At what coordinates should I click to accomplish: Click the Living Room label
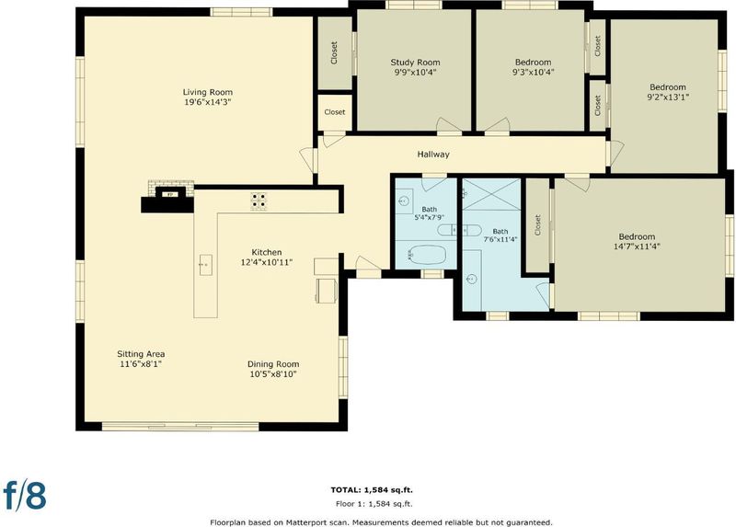click(x=208, y=92)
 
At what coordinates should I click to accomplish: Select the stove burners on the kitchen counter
click(x=258, y=200)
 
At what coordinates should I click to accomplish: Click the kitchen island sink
click(x=205, y=265)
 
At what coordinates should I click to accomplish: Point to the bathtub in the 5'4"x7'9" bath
click(x=426, y=255)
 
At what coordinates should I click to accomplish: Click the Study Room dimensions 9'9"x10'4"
click(x=416, y=73)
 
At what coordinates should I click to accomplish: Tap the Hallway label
click(x=433, y=154)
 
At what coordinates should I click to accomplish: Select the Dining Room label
click(x=273, y=364)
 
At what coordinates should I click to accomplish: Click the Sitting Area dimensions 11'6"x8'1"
click(x=141, y=363)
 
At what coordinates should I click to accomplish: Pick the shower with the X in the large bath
click(x=491, y=194)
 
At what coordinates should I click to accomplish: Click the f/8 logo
click(x=25, y=495)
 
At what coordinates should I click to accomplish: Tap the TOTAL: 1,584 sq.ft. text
click(x=372, y=490)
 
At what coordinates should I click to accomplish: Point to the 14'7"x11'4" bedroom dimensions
click(x=637, y=246)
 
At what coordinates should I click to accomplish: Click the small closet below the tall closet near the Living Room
click(x=335, y=112)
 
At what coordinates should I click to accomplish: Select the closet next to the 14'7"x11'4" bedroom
click(x=537, y=224)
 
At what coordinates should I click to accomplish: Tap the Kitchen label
click(x=267, y=253)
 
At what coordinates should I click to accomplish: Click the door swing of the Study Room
click(x=449, y=125)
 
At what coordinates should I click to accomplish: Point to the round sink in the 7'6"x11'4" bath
click(x=472, y=280)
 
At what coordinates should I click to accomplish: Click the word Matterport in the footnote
click(x=328, y=522)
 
